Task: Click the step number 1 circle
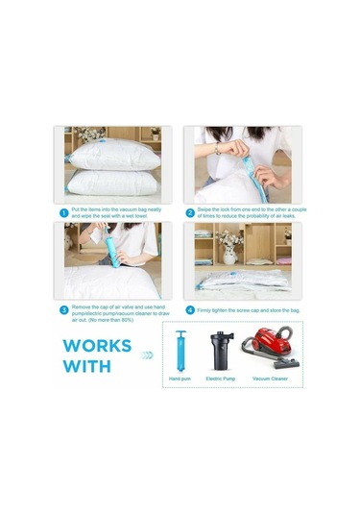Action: [x=63, y=212]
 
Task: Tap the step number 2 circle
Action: [x=190, y=212]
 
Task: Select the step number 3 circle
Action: [x=63, y=309]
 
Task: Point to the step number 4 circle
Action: [x=190, y=309]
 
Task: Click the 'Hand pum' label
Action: [x=180, y=379]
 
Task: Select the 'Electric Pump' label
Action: [x=221, y=379]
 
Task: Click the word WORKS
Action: [x=97, y=345]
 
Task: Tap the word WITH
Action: [x=86, y=366]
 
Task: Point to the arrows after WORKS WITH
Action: [x=146, y=355]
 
